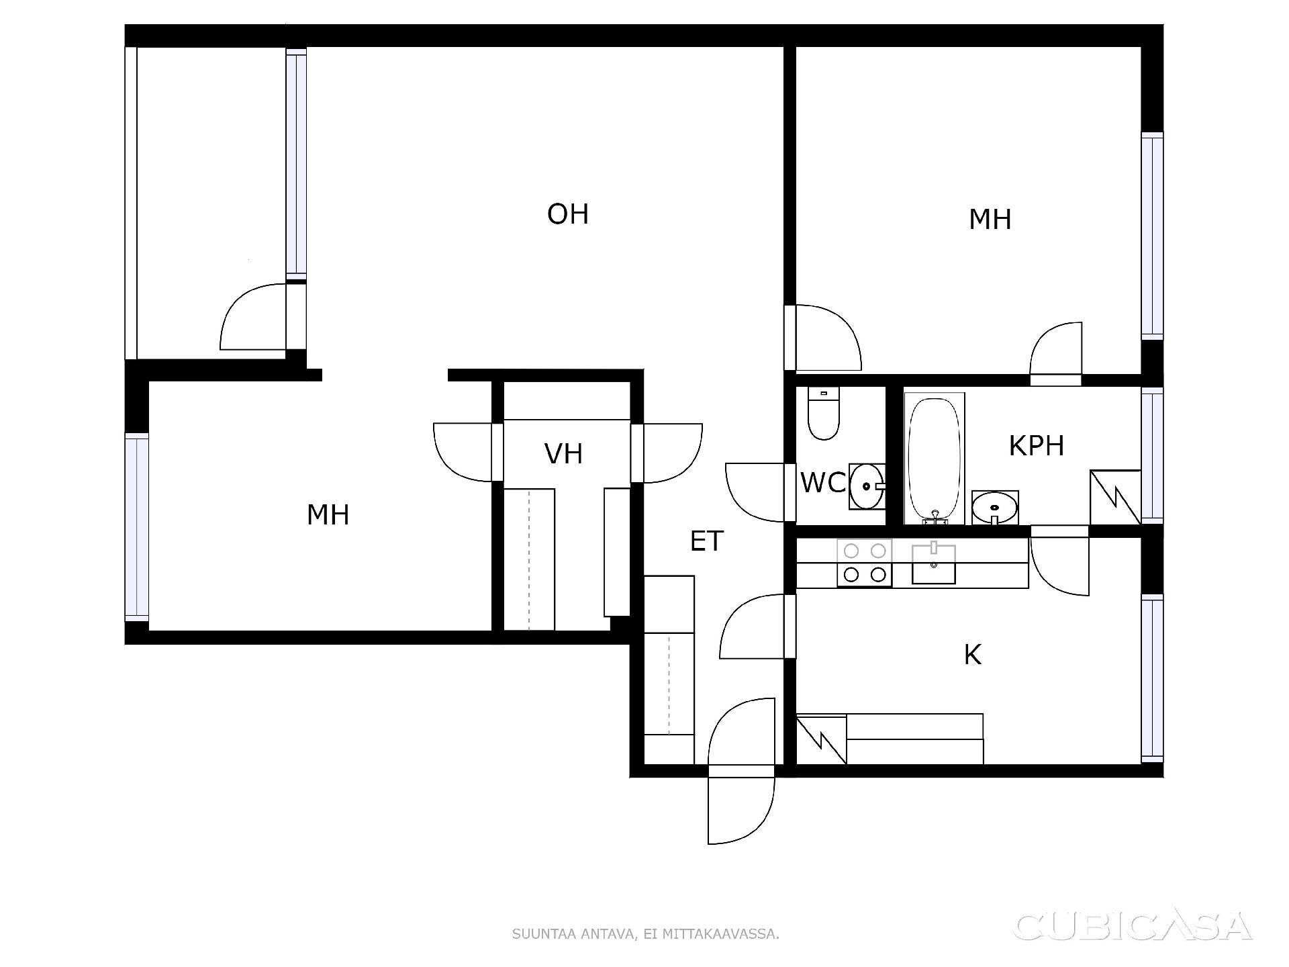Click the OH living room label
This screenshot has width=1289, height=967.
point(568,214)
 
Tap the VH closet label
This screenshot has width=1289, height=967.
point(563,454)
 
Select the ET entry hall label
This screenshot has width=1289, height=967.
point(707,541)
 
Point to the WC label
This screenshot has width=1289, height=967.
point(823,483)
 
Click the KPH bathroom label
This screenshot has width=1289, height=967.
point(1037,446)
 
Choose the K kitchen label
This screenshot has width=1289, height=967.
point(973,655)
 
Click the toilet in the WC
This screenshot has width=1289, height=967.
point(824,414)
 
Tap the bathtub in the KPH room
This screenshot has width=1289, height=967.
point(934,459)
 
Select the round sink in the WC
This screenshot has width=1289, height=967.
point(867,486)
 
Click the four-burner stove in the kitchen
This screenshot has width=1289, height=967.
point(865,563)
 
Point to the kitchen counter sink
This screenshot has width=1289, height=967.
point(933,563)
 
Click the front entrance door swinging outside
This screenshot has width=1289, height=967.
point(741,811)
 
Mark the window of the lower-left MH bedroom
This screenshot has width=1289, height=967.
point(137,527)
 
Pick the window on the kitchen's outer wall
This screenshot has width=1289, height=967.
point(1152,678)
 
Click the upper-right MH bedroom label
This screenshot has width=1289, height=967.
point(990,220)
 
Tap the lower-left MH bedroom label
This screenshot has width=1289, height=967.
point(328,515)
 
